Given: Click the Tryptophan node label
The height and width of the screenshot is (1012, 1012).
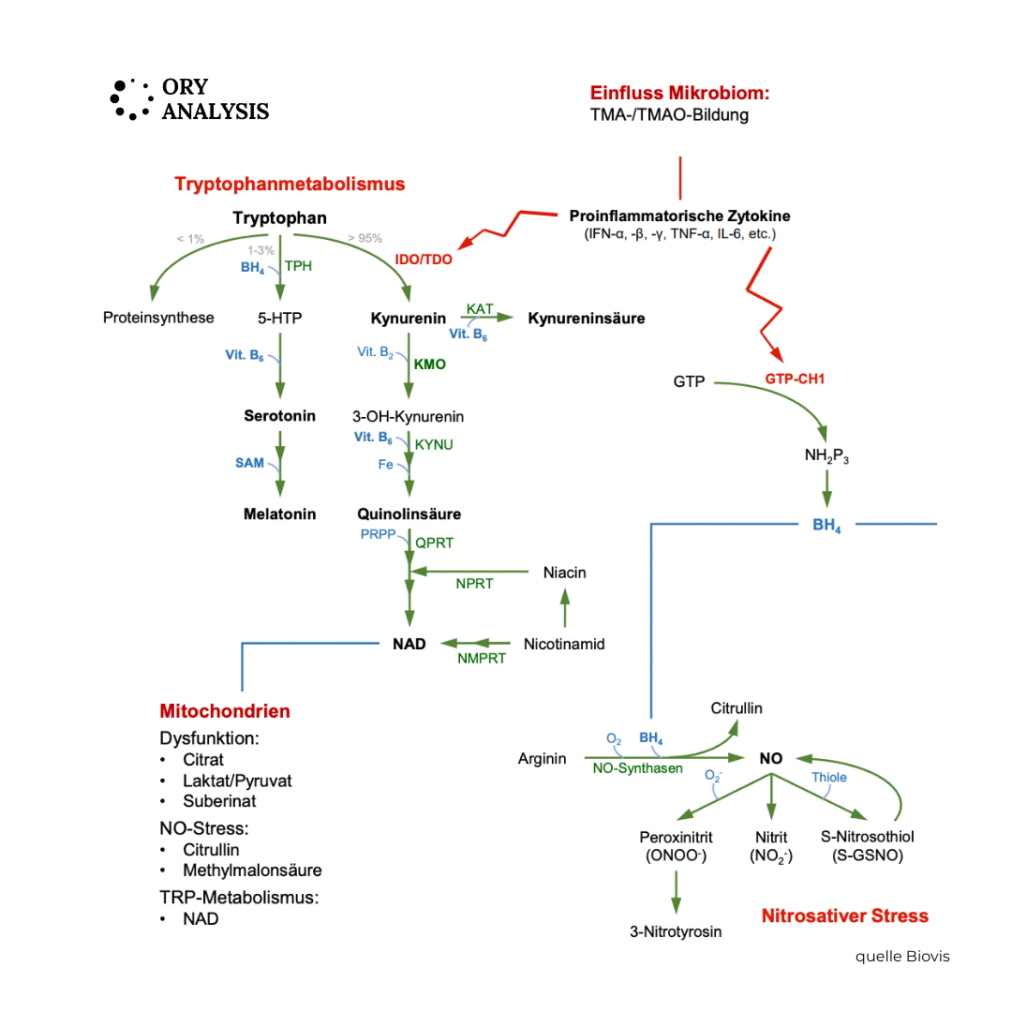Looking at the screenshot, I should coord(279,218).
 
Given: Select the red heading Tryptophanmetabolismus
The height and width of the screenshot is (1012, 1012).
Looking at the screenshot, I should coord(290,184).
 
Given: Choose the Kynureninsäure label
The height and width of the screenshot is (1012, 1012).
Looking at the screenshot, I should coord(587,319).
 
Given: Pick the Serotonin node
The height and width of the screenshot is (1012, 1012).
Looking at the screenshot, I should coord(279,416).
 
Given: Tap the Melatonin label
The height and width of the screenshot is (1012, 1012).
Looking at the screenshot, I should coord(279,514).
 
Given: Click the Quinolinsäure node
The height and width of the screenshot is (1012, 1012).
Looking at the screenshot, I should coord(409,514).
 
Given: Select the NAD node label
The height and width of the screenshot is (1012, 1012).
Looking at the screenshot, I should coord(409,644).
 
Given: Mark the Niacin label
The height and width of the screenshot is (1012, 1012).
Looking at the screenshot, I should coord(564,572).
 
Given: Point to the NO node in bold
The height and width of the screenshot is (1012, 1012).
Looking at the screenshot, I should coord(770,758).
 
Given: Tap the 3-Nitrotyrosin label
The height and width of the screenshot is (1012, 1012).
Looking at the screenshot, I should coord(676,931).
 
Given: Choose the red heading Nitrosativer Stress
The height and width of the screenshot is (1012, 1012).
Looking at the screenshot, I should coord(844,915).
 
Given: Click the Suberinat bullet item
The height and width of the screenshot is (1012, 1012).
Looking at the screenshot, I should coord(219,801).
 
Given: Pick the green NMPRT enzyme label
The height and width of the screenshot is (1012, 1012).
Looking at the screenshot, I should coord(482,659).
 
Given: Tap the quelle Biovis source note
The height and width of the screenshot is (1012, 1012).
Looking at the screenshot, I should coord(901,957).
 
